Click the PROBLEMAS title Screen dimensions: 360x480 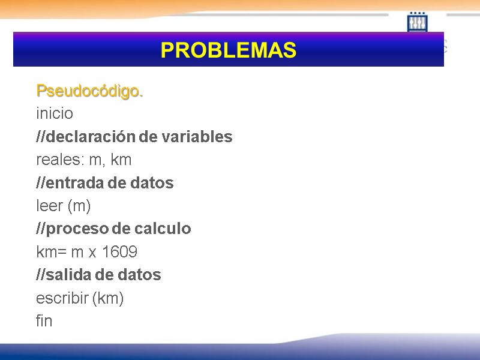229,50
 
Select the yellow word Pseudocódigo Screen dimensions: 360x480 89,91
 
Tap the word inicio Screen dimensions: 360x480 55,113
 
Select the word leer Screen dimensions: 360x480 49,206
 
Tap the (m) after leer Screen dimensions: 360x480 79,206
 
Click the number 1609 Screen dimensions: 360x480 119,252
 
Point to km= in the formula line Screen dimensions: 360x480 50,252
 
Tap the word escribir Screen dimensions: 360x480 62,298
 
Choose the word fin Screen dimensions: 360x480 44,321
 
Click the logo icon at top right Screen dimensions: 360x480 418,23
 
